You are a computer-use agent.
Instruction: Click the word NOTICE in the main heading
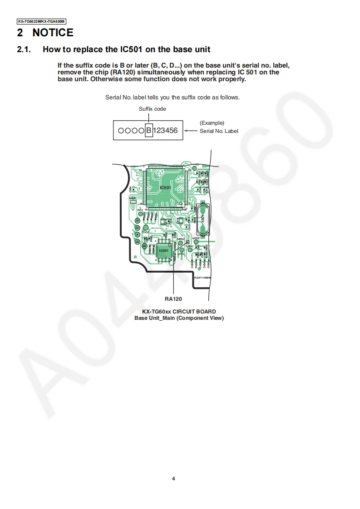click(53, 33)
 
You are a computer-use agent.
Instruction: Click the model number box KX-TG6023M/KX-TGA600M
click(41, 21)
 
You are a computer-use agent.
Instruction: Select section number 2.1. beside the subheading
click(24, 49)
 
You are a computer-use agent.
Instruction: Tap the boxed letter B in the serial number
click(148, 131)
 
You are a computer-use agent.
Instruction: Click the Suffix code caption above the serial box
click(152, 109)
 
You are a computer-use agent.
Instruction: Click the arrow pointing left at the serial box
click(191, 131)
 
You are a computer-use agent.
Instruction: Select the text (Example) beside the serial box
click(212, 123)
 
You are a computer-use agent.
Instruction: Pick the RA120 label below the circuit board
click(173, 299)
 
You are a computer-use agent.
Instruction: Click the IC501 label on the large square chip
click(166, 187)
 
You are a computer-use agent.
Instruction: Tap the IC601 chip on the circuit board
click(164, 250)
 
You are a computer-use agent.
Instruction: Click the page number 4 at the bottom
click(173, 478)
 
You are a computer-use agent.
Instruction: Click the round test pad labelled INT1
click(140, 214)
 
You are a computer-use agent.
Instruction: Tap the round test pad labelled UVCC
click(196, 242)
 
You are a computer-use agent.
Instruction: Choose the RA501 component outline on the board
click(133, 202)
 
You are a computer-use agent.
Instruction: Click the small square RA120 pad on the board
click(187, 242)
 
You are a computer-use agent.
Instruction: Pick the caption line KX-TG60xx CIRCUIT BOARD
click(179, 312)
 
